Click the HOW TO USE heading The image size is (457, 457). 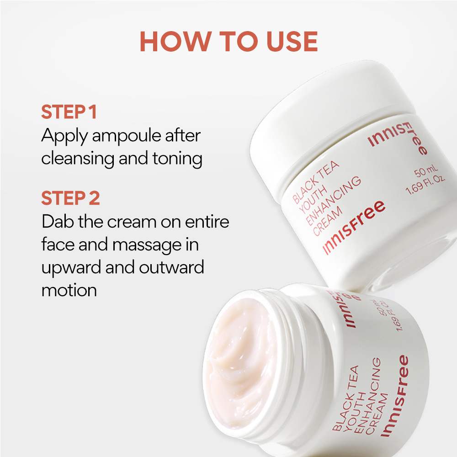228,42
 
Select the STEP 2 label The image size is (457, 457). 70,198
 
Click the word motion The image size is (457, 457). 69,290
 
